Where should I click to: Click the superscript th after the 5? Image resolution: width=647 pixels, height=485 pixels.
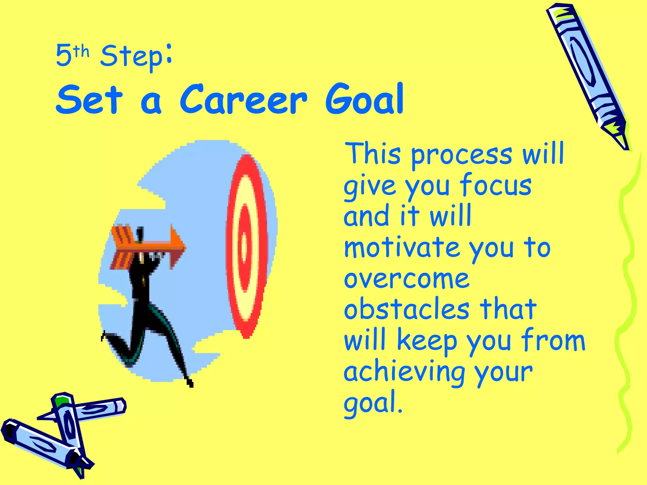point(82,51)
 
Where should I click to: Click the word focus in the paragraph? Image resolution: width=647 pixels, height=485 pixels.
point(495,186)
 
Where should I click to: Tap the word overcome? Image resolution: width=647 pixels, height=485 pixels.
point(406,279)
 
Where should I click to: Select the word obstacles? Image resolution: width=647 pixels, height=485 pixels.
point(407,309)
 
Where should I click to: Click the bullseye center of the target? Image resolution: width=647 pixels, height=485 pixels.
point(244,247)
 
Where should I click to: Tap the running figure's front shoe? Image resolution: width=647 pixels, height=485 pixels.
point(190,384)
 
